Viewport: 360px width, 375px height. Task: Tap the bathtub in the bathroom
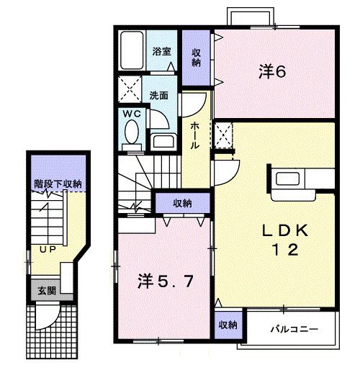click(133, 50)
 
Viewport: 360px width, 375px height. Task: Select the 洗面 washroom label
click(159, 94)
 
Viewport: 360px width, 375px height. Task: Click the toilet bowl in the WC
click(132, 133)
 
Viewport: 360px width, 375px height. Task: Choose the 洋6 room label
click(273, 72)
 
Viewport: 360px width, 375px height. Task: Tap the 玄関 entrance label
click(46, 291)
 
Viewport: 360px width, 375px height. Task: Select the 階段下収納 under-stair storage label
click(58, 184)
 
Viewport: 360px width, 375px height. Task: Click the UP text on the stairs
click(48, 249)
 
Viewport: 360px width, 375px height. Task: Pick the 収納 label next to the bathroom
click(196, 56)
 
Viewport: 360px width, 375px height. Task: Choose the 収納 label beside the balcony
click(228, 325)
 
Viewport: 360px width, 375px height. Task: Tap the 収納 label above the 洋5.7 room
click(182, 204)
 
